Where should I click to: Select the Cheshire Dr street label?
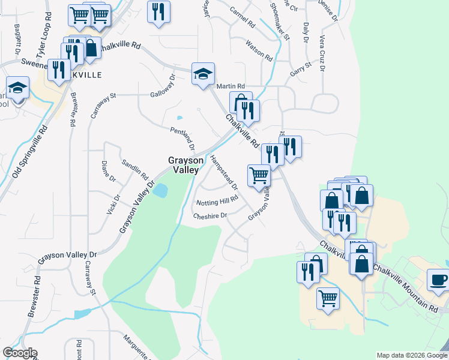[210, 215]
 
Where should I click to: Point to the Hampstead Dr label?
[224, 172]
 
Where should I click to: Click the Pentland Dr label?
[183, 139]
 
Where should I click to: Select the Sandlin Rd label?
[134, 170]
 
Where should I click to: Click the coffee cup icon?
[438, 280]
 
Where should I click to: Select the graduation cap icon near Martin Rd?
[203, 74]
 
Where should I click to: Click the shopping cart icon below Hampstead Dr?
[259, 176]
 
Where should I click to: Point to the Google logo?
[20, 353]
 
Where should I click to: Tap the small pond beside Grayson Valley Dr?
[160, 191]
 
